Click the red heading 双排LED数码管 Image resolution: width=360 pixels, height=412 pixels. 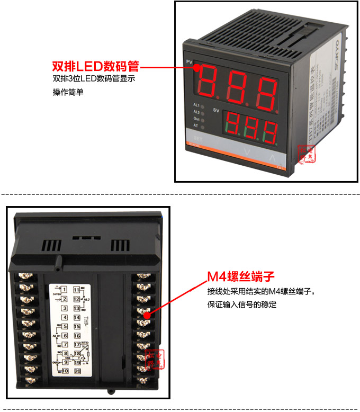pyautogui.click(x=95, y=67)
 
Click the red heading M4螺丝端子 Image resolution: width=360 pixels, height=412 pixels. pyautogui.click(x=240, y=277)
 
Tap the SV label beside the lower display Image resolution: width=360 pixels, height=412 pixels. pyautogui.click(x=216, y=110)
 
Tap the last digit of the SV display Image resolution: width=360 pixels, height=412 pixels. pyautogui.click(x=269, y=130)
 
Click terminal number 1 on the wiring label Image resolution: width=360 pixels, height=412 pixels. pyautogui.click(x=64, y=290)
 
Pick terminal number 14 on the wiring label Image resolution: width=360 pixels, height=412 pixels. pyautogui.click(x=77, y=317)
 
